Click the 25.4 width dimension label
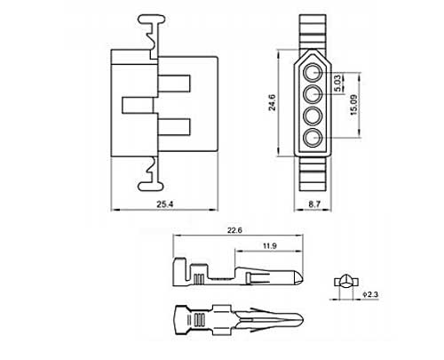click(165, 204)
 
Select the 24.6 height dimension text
click(272, 102)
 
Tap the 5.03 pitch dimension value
click(337, 84)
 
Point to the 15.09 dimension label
click(353, 105)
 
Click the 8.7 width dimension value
click(314, 204)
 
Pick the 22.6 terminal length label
click(234, 230)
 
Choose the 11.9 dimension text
click(270, 245)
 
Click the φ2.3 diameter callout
click(370, 294)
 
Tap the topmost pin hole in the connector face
click(313, 72)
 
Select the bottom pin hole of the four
click(313, 138)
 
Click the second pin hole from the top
click(313, 94)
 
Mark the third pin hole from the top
click(313, 116)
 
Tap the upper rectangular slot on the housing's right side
click(174, 84)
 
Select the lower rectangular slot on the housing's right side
click(174, 127)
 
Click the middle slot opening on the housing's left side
click(138, 105)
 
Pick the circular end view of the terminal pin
click(345, 281)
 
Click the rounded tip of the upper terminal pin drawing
click(299, 278)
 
